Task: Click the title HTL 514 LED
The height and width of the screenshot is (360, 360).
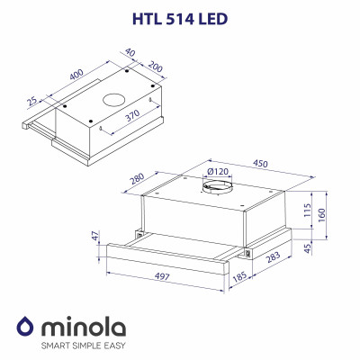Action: pos(180,15)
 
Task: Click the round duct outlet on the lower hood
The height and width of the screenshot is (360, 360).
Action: pos(217,190)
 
